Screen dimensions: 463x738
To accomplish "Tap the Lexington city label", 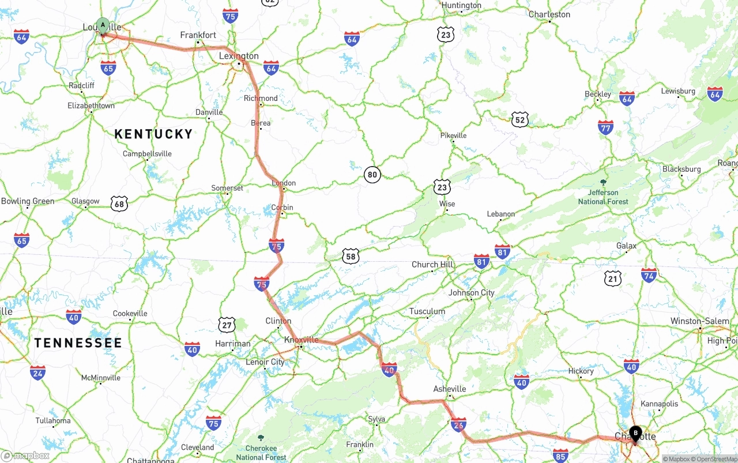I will tap(239, 56).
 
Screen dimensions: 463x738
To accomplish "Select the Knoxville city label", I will tap(301, 340).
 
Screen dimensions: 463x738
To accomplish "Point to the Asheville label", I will tap(450, 389).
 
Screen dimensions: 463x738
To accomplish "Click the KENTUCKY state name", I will tap(153, 134).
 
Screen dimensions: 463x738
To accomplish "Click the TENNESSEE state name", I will tap(78, 343).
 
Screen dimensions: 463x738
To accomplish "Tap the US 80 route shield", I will tap(372, 175).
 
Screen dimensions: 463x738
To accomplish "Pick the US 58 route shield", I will tap(351, 257).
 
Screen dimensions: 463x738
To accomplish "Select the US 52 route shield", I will tap(520, 120).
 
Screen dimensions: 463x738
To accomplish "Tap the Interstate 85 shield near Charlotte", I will tap(560, 456).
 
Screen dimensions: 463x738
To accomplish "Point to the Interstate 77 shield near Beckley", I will tap(605, 128).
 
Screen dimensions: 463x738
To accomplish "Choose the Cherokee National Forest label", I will tap(261, 453).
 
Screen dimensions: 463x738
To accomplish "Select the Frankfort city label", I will tap(198, 35).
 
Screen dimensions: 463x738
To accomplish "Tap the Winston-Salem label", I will tap(699, 321).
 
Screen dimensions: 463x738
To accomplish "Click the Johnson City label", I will tap(472, 292).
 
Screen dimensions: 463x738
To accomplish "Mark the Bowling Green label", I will tap(28, 201).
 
